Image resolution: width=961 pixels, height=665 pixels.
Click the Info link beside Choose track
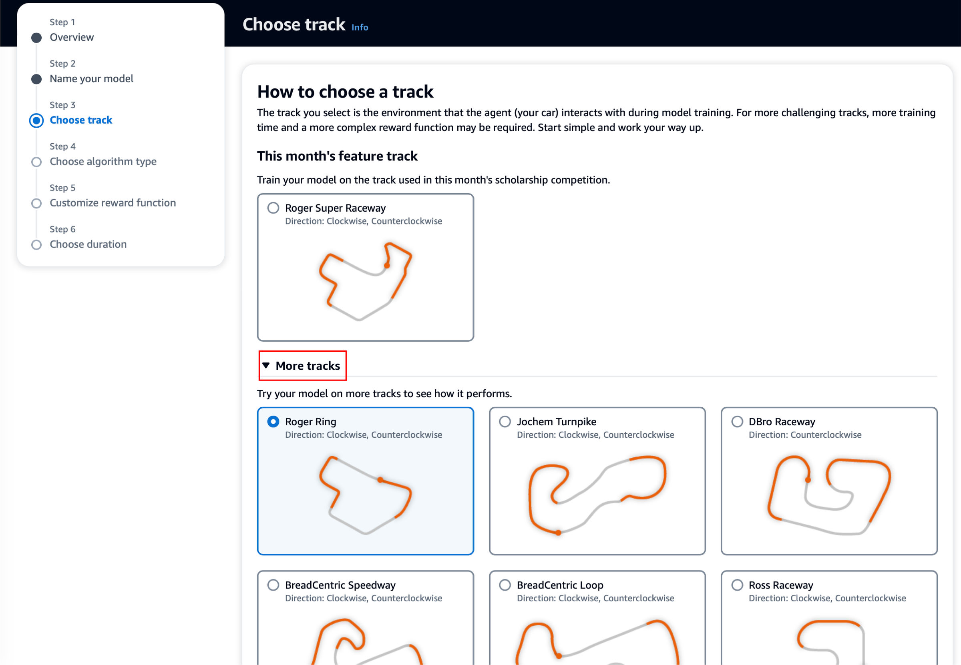point(360,28)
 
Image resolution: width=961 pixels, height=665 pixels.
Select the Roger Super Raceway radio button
point(273,208)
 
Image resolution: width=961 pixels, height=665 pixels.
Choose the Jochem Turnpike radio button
point(505,421)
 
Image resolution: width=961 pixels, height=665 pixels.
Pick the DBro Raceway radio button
point(737,421)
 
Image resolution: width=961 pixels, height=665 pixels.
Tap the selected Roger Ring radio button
point(273,421)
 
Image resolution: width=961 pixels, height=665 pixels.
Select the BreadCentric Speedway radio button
point(273,585)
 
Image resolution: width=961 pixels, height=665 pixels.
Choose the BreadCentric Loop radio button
point(505,585)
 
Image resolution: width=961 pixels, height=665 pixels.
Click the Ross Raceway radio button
point(737,585)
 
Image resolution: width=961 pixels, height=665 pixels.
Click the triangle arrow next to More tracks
point(266,365)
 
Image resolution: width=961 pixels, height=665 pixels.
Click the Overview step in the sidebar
point(72,38)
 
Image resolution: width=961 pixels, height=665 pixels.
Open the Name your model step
point(91,79)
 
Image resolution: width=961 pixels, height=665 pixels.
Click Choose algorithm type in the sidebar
point(103,161)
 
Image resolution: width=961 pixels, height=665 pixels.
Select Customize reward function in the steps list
point(113,203)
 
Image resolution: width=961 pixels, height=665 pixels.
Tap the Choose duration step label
point(88,244)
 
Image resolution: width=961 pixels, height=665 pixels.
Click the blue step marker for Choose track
point(37,120)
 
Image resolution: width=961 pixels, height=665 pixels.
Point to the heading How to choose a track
point(345,92)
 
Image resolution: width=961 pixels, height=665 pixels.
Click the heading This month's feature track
point(337,156)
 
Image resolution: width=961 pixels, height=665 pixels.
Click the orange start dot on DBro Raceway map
point(808,480)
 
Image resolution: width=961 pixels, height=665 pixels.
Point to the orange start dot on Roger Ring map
point(380,480)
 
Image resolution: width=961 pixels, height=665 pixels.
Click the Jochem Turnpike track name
point(556,421)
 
